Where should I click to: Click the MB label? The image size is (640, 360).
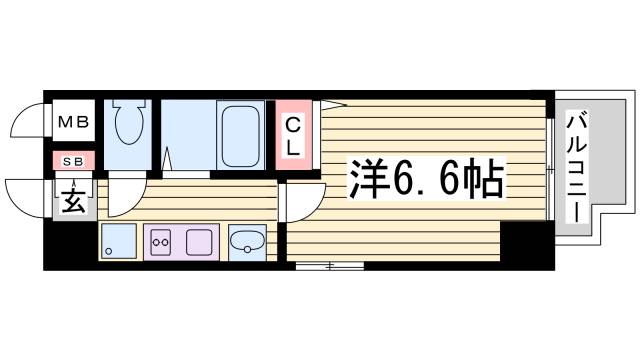[73, 124]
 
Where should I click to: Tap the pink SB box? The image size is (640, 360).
[74, 160]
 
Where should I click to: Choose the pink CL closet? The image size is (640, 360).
[294, 135]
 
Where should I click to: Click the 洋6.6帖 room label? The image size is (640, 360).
[425, 179]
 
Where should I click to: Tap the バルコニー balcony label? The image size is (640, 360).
[578, 169]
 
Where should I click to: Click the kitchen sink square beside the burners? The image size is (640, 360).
[199, 242]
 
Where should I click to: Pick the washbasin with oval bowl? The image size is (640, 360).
[247, 241]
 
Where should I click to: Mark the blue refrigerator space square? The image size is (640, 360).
[119, 242]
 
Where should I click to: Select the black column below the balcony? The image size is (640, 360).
[526, 245]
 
